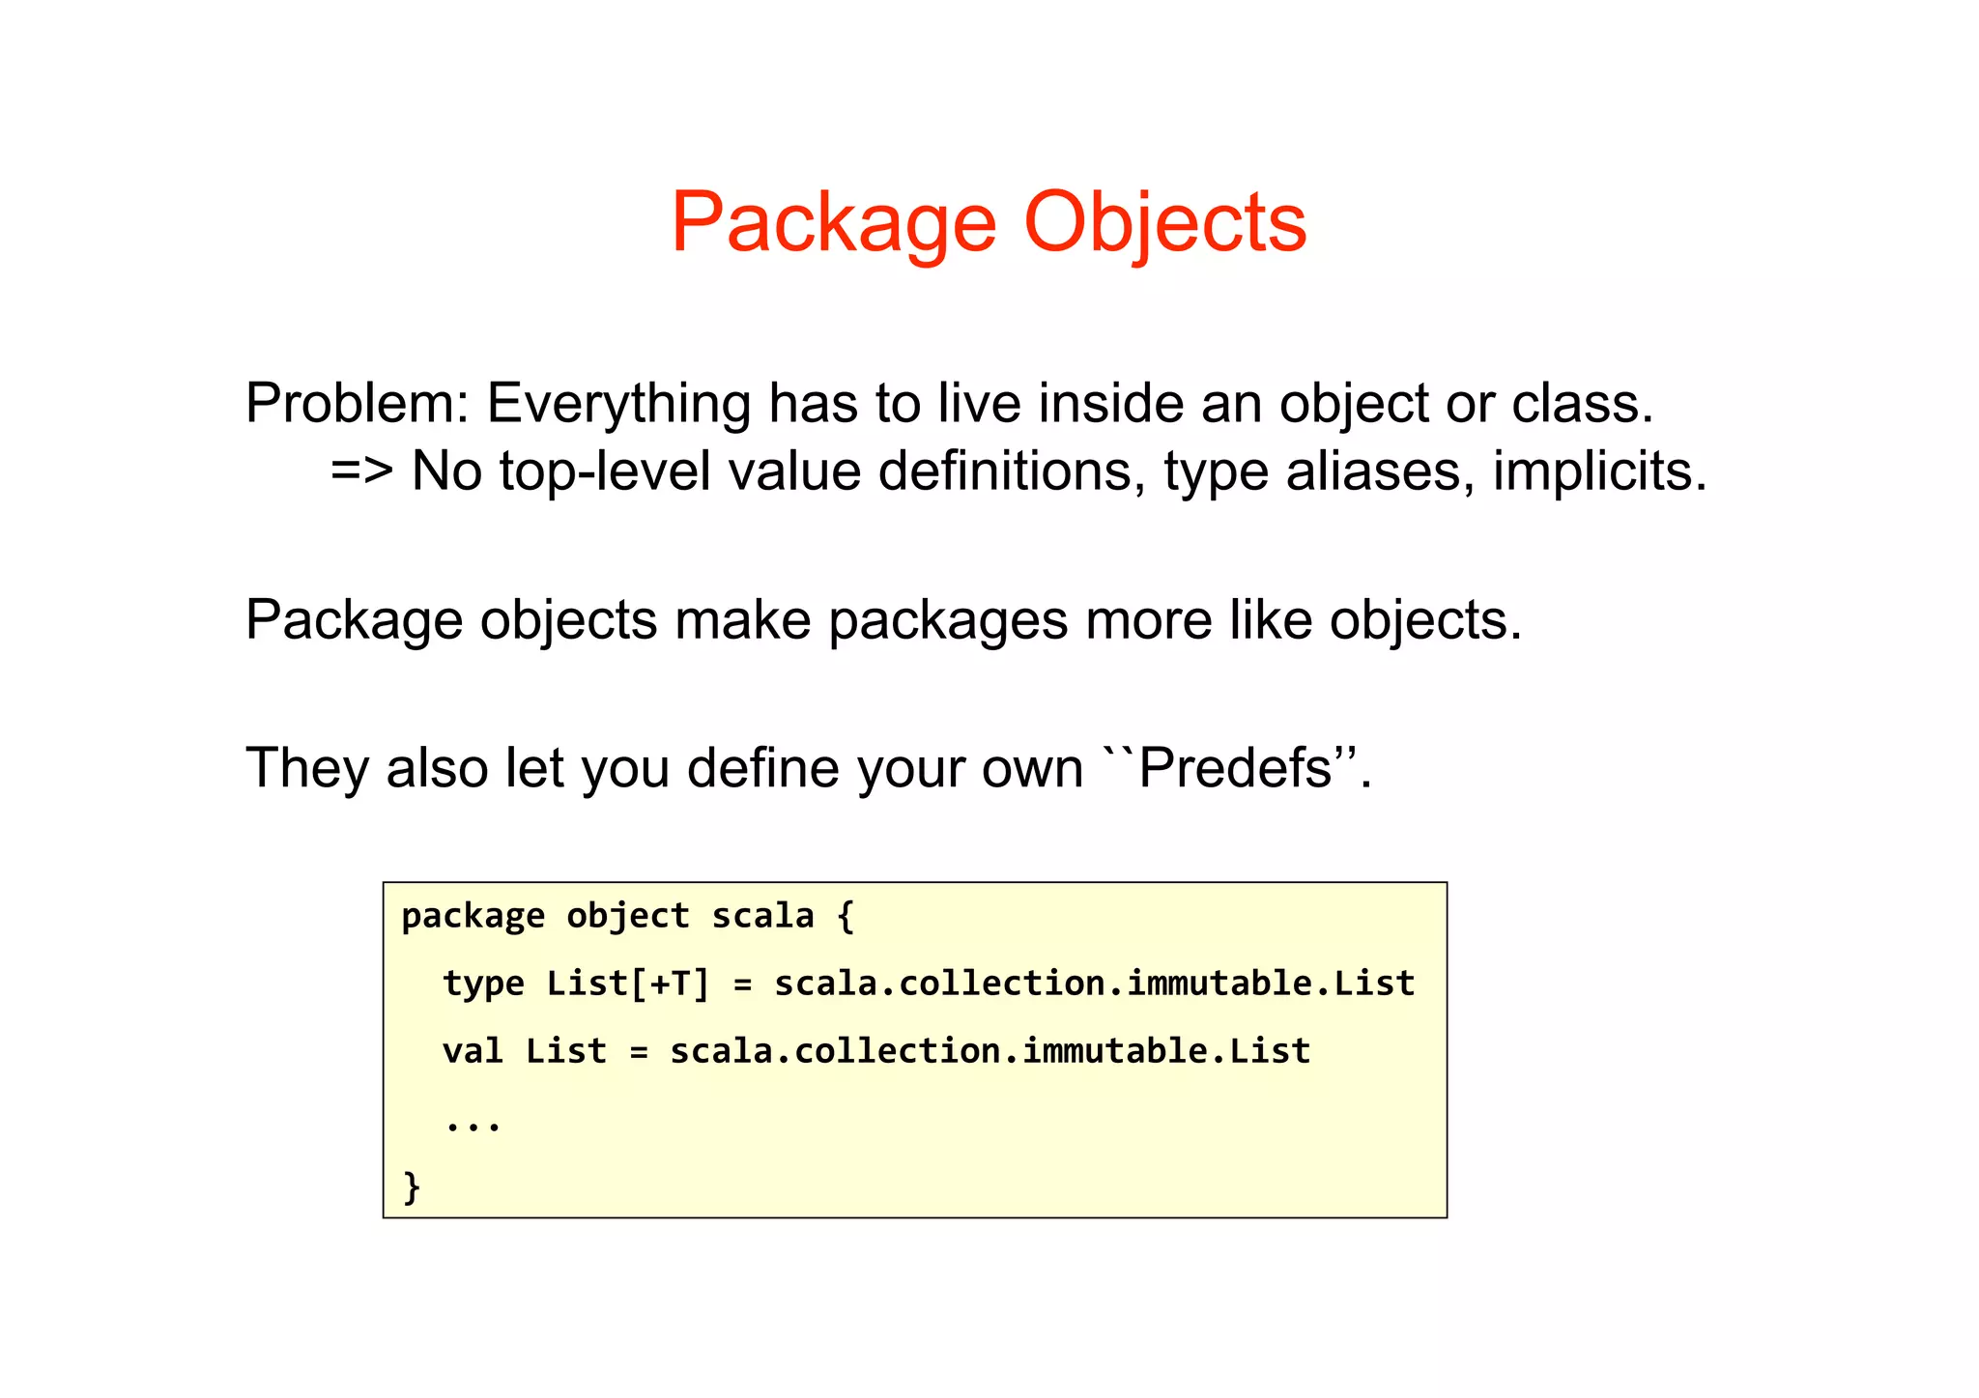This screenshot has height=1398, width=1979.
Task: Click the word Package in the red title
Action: tap(833, 224)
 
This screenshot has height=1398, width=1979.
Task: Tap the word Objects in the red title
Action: tap(1164, 224)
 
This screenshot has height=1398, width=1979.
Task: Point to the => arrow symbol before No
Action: tap(361, 471)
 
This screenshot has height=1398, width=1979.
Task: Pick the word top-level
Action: tap(605, 471)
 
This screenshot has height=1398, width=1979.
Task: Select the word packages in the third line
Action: tap(948, 619)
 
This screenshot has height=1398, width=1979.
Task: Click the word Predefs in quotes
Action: tap(1236, 768)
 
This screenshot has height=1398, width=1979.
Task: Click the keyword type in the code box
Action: tap(483, 984)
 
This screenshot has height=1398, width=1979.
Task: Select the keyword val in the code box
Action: tap(473, 1051)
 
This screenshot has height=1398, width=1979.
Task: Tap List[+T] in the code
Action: tap(628, 984)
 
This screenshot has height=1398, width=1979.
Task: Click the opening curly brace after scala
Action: tap(846, 916)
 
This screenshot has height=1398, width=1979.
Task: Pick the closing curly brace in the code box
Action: tap(412, 1186)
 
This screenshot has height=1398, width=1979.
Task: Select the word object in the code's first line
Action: tap(628, 916)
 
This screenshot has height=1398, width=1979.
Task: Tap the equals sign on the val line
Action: tap(639, 1051)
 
